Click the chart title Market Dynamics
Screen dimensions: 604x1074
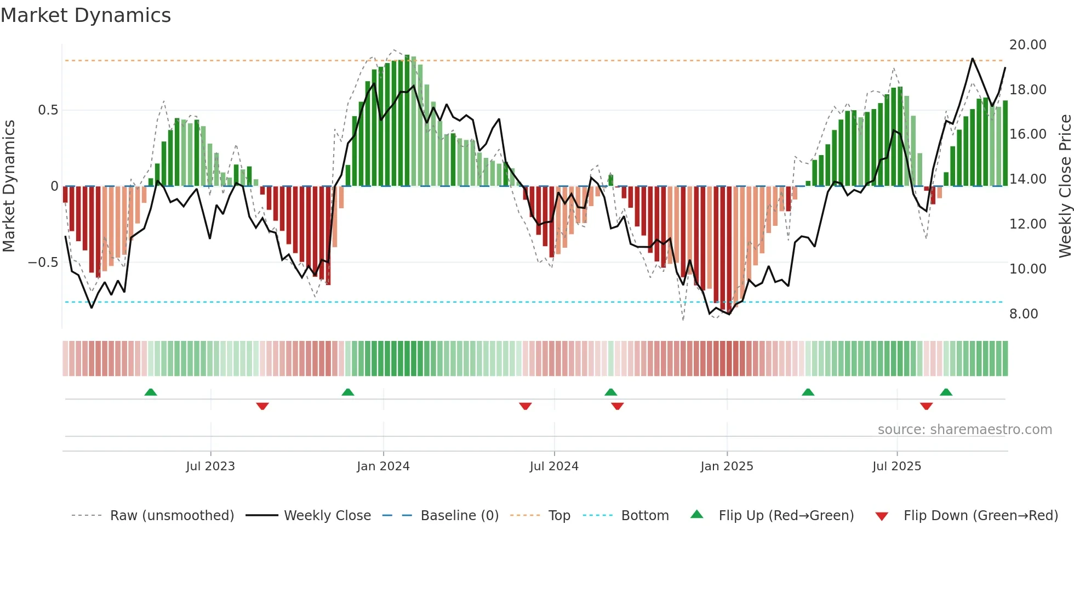(x=85, y=15)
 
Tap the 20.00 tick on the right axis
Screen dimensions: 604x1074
(x=1027, y=45)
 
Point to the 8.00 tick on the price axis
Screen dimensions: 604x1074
(x=1024, y=314)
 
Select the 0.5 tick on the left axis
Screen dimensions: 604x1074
(x=48, y=110)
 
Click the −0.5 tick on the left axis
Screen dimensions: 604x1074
(x=43, y=263)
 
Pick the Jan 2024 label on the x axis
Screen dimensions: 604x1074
(x=383, y=466)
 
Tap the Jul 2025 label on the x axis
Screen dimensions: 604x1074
(x=896, y=466)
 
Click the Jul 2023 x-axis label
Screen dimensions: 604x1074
(x=210, y=466)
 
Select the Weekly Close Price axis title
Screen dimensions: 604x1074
(x=1065, y=186)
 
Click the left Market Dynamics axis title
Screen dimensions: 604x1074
(x=9, y=186)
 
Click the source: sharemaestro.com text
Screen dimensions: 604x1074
(x=964, y=430)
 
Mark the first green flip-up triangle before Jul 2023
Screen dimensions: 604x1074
(x=151, y=392)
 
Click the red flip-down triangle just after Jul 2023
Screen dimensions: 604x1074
(x=262, y=406)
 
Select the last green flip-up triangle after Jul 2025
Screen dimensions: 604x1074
(x=946, y=392)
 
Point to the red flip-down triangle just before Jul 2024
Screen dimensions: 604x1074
(x=525, y=406)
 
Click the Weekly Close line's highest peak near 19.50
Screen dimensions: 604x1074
(x=973, y=59)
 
